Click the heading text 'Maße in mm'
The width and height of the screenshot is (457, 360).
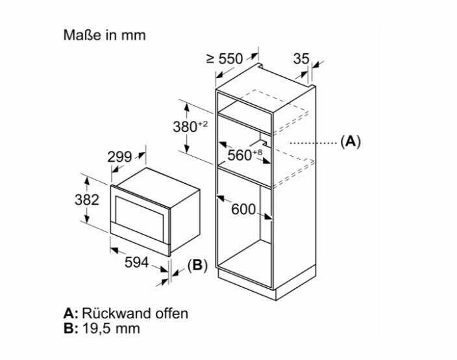pyautogui.click(x=105, y=35)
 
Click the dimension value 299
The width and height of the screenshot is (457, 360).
pyautogui.click(x=119, y=157)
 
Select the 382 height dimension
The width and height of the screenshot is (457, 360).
pyautogui.click(x=87, y=200)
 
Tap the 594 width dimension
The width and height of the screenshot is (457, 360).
pyautogui.click(x=136, y=263)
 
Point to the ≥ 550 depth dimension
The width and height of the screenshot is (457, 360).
pyautogui.click(x=225, y=58)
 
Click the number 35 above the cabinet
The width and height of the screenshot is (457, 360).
pyautogui.click(x=301, y=58)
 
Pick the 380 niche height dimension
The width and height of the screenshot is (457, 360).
pyautogui.click(x=185, y=127)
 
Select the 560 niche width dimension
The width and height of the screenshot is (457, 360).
pyautogui.click(x=240, y=155)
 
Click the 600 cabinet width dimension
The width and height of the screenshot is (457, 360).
pyautogui.click(x=243, y=209)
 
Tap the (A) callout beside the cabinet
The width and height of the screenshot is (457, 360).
pyautogui.click(x=351, y=142)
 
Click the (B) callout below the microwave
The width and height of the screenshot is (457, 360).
pyautogui.click(x=197, y=266)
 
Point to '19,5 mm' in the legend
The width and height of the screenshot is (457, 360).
pyautogui.click(x=111, y=328)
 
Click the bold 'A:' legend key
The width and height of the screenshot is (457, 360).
pyautogui.click(x=71, y=314)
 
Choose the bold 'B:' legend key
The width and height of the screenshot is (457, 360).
pyautogui.click(x=71, y=328)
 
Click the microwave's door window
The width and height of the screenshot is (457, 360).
pyautogui.click(x=140, y=218)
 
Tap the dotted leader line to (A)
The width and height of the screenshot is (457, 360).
pyautogui.click(x=314, y=143)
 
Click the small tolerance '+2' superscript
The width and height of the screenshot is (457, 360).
pyautogui.click(x=203, y=123)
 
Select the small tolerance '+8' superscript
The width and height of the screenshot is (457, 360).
pyautogui.click(x=258, y=152)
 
